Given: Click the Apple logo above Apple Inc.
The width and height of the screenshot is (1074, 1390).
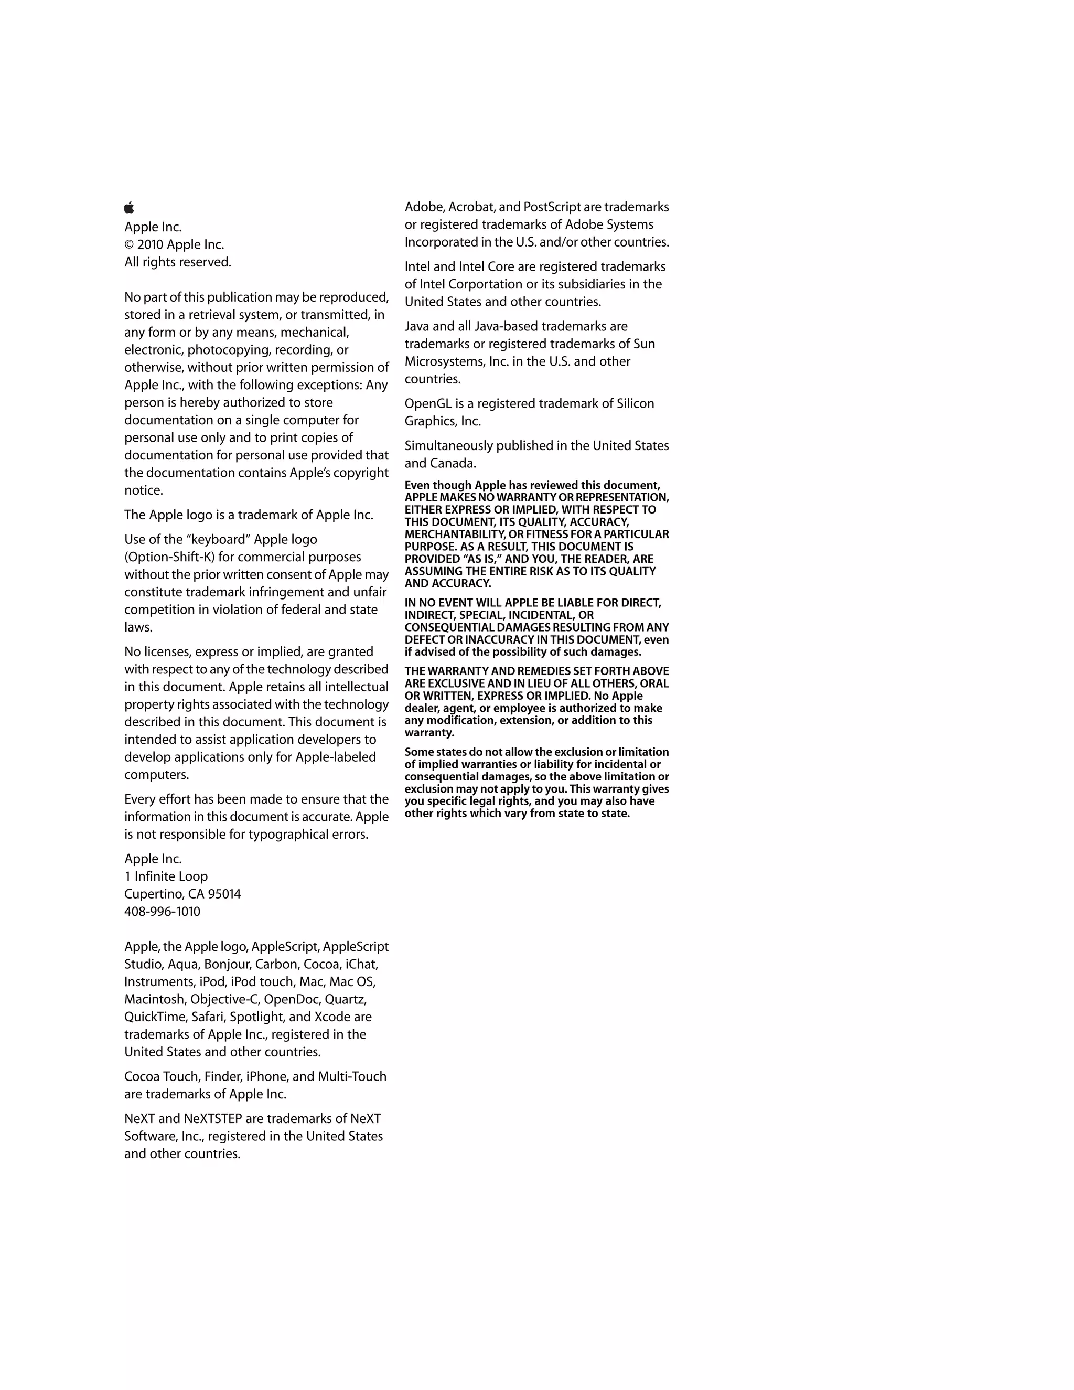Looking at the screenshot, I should (129, 208).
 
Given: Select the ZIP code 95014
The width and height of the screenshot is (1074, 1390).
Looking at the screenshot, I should (224, 894).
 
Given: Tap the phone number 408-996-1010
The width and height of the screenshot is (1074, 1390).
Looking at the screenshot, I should (162, 912).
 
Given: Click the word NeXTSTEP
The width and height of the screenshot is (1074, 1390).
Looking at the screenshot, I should (212, 1119).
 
